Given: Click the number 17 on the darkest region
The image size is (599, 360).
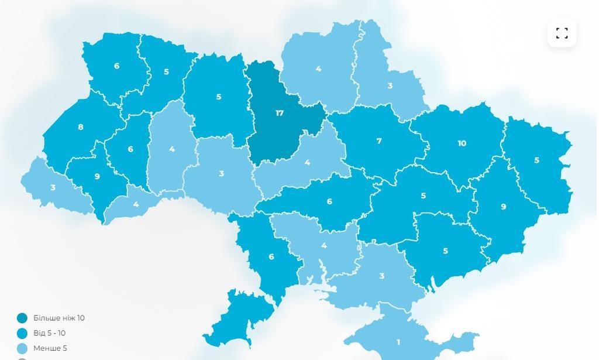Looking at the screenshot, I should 280,113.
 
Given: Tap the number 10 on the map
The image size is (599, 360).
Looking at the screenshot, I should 462,143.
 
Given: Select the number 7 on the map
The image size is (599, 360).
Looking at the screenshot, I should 379,141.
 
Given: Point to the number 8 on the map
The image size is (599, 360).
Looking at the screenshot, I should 81,127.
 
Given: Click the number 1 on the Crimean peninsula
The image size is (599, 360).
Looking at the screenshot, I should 398,342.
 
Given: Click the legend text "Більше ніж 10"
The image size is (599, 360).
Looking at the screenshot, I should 58,318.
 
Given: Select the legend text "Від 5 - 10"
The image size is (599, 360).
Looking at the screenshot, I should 49,333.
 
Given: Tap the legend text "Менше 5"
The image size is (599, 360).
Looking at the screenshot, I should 50,348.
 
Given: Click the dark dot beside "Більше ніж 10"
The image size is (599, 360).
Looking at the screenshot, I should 22,318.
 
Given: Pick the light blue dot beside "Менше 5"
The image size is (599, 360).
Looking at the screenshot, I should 22,348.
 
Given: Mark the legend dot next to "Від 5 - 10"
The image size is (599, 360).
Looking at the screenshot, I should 22,334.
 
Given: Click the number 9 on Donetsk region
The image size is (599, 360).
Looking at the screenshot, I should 503,207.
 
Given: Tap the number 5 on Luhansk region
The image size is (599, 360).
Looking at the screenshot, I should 536,160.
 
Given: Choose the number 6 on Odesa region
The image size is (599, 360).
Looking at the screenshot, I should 271,256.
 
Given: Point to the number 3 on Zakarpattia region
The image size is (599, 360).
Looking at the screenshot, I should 53,188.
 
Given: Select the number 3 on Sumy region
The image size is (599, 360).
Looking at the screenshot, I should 390,86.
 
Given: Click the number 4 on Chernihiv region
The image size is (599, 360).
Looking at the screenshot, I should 318,69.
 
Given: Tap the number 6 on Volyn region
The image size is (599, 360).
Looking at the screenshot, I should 117,66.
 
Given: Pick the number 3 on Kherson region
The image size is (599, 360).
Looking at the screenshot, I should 382,276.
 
